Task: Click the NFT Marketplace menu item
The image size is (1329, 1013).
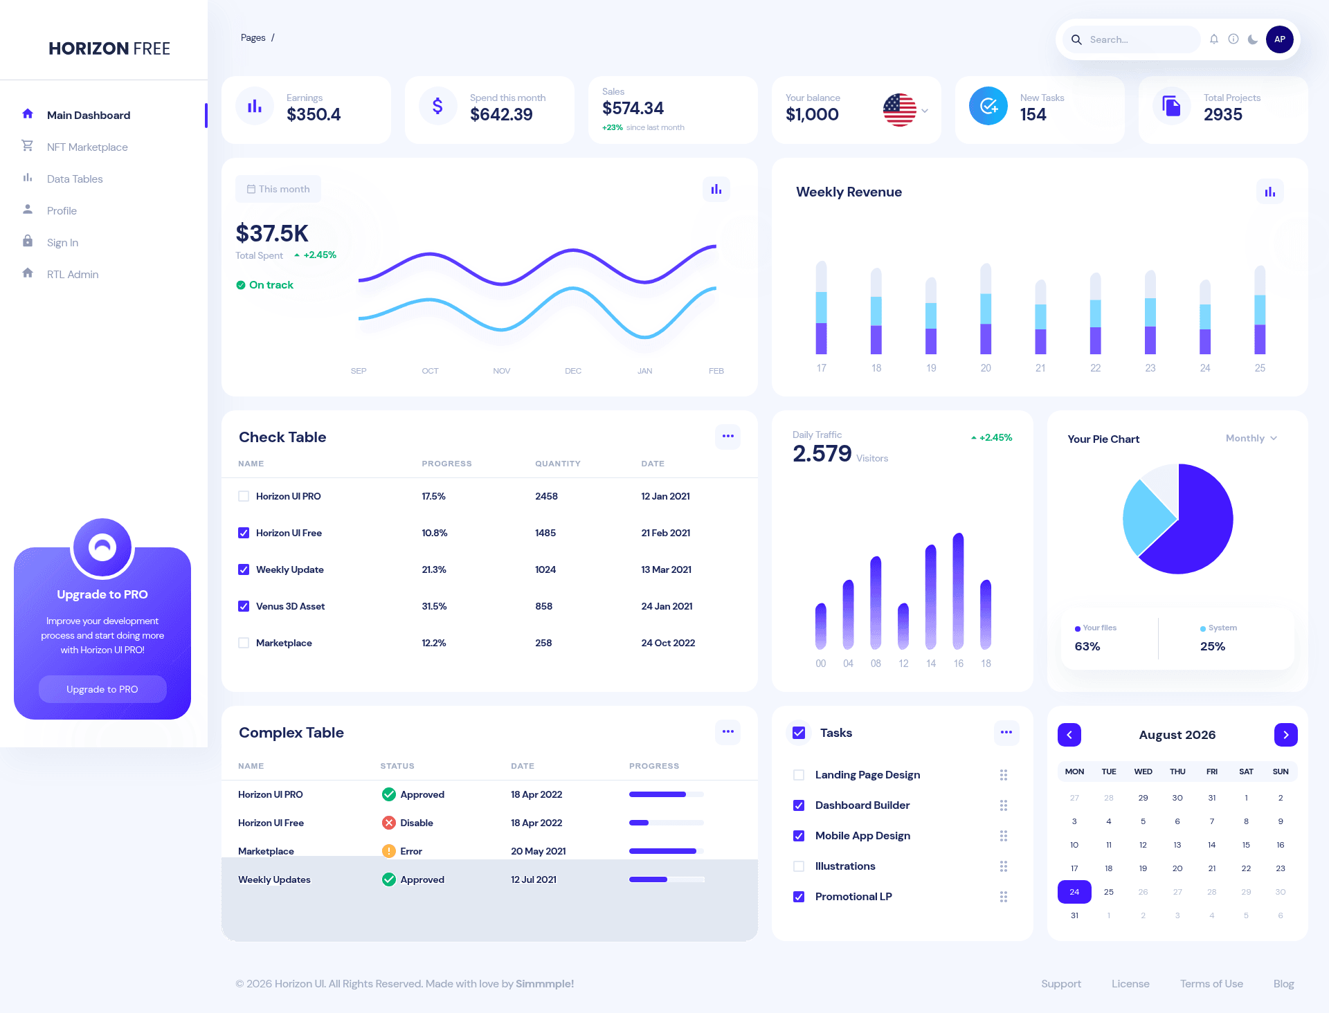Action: pos(87,147)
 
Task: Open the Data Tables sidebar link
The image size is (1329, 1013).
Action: pos(75,179)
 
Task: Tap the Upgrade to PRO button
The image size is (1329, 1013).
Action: pos(102,689)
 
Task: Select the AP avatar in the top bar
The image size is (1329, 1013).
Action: pos(1279,39)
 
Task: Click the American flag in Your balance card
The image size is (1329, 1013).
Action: pos(899,110)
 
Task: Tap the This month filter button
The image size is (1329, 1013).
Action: pos(278,189)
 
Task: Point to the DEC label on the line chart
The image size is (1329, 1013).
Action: pos(573,371)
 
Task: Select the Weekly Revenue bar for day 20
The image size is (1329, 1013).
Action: pos(986,309)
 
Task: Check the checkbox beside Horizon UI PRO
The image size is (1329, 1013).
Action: pos(244,496)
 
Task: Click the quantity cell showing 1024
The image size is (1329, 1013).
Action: pos(545,569)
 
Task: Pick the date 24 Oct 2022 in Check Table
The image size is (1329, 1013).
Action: pos(668,643)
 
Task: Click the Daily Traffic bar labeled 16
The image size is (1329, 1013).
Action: pos(958,591)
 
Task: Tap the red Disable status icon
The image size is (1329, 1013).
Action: pos(389,823)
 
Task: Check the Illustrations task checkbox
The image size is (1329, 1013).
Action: pos(799,866)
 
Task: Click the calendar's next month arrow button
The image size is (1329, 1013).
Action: pos(1285,735)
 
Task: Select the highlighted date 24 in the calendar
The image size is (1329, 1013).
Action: pos(1074,892)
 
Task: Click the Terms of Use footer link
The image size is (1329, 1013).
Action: pos(1211,984)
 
